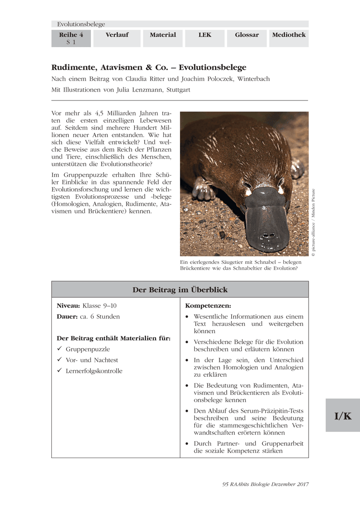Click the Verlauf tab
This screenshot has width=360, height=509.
[x=117, y=35]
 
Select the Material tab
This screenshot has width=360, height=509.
[x=163, y=35]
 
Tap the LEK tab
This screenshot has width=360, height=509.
[x=205, y=35]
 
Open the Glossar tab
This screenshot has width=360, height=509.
[x=247, y=35]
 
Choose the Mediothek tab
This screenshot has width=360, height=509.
[x=289, y=35]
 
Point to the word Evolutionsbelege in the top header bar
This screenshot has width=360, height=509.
[x=81, y=24]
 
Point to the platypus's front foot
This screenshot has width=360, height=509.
[x=203, y=190]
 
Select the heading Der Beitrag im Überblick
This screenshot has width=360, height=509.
[x=180, y=290]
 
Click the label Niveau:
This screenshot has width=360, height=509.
[x=68, y=305]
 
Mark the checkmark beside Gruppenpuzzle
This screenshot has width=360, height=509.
[x=59, y=349]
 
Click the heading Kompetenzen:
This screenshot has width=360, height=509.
[x=208, y=305]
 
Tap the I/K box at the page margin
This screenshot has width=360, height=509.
[x=343, y=416]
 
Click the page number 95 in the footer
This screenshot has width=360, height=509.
[x=225, y=484]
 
